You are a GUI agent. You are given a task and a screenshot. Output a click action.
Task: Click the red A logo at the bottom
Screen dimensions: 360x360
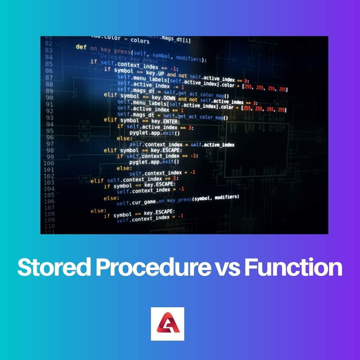(168, 324)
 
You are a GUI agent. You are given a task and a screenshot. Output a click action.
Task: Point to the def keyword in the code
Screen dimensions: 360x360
(81, 47)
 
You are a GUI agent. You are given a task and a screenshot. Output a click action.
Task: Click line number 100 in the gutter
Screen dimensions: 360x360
(49, 163)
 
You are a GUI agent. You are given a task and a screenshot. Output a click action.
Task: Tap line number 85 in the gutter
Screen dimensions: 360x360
(49, 64)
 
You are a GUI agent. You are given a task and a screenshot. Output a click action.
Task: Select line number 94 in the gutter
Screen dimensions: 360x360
(49, 124)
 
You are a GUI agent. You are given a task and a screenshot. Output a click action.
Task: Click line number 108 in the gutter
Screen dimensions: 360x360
(49, 214)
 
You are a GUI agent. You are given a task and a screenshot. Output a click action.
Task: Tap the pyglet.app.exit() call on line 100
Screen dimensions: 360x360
(154, 162)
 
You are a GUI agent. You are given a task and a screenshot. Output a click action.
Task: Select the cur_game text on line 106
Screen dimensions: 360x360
(144, 202)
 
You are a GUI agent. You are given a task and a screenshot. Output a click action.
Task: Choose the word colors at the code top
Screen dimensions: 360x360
(140, 41)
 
